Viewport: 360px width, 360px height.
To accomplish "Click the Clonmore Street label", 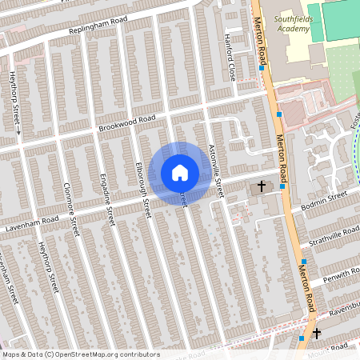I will click(71, 210).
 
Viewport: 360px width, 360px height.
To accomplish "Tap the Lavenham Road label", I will click(29, 220).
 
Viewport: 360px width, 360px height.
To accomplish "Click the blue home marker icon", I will click(180, 172).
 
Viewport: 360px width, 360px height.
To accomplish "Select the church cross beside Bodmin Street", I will click(261, 187).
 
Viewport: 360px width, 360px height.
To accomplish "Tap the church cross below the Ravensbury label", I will click(316, 332).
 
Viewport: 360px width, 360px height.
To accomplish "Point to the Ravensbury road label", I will click(341, 308).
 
